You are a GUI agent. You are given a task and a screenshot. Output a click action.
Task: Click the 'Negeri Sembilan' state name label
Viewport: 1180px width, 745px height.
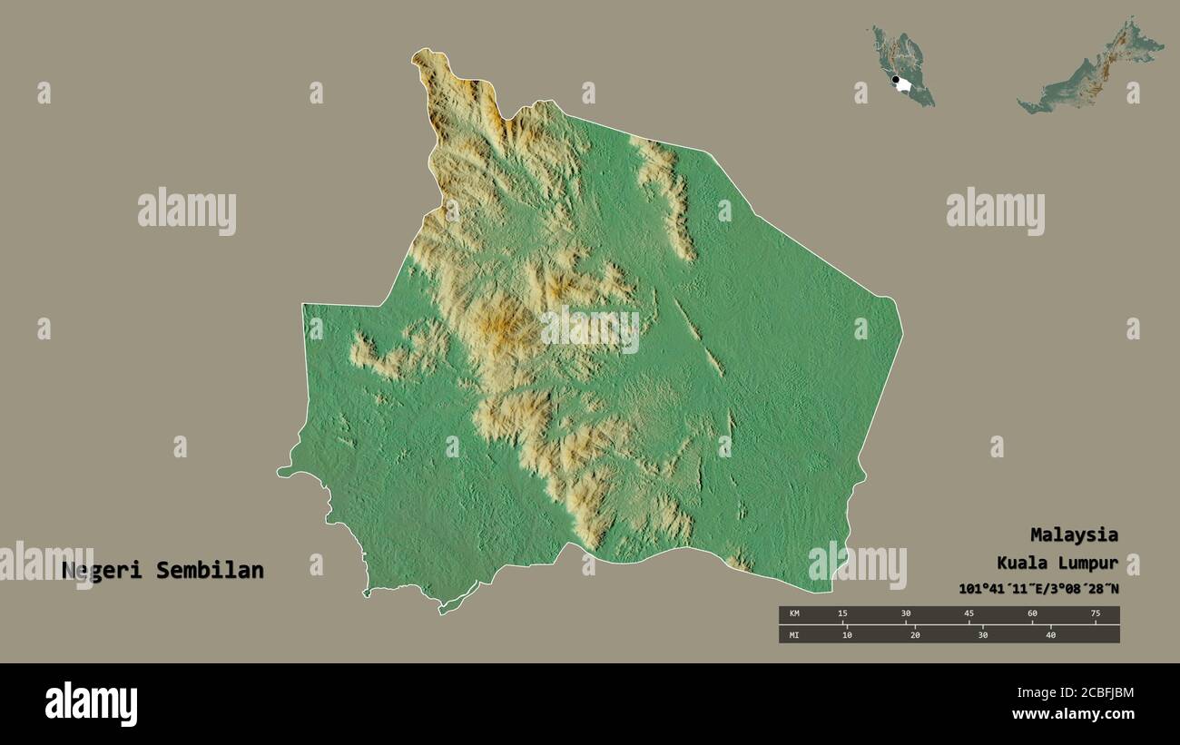pos(163,571)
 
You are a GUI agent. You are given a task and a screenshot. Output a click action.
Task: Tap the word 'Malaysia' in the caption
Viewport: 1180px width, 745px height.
pos(1074,534)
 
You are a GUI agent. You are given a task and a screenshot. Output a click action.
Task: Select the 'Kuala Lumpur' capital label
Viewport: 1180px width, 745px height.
pos(1057,563)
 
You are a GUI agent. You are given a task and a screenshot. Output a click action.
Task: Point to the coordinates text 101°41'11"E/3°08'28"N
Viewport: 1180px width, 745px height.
pos(1038,589)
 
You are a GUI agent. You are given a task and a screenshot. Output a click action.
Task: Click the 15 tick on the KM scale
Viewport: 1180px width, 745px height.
pos(843,614)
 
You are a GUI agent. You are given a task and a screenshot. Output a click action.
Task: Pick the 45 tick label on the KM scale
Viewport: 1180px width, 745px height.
pos(969,614)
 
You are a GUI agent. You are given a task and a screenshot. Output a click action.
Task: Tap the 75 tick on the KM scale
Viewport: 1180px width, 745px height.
pos(1095,614)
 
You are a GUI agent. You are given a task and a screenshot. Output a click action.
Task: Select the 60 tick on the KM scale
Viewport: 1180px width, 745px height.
pos(1032,614)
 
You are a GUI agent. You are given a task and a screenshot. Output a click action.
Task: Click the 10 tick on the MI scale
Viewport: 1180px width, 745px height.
pos(847,634)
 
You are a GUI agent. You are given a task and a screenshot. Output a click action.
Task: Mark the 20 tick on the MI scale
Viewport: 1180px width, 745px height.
pos(915,634)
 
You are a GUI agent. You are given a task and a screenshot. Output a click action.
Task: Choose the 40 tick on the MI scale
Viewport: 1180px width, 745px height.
pos(1051,634)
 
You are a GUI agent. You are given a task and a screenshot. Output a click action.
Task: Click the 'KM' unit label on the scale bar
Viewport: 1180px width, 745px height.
pos(794,614)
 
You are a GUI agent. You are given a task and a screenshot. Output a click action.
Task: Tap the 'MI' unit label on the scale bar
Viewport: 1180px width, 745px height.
pos(794,634)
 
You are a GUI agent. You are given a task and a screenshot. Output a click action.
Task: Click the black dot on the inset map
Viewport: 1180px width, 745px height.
pos(896,81)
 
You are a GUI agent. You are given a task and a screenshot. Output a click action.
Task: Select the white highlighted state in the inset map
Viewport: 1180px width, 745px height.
pos(905,85)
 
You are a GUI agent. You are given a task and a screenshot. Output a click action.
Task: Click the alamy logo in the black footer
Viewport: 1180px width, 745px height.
pos(92,704)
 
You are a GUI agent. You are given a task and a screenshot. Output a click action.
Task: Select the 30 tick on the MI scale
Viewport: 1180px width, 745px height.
pos(983,634)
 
